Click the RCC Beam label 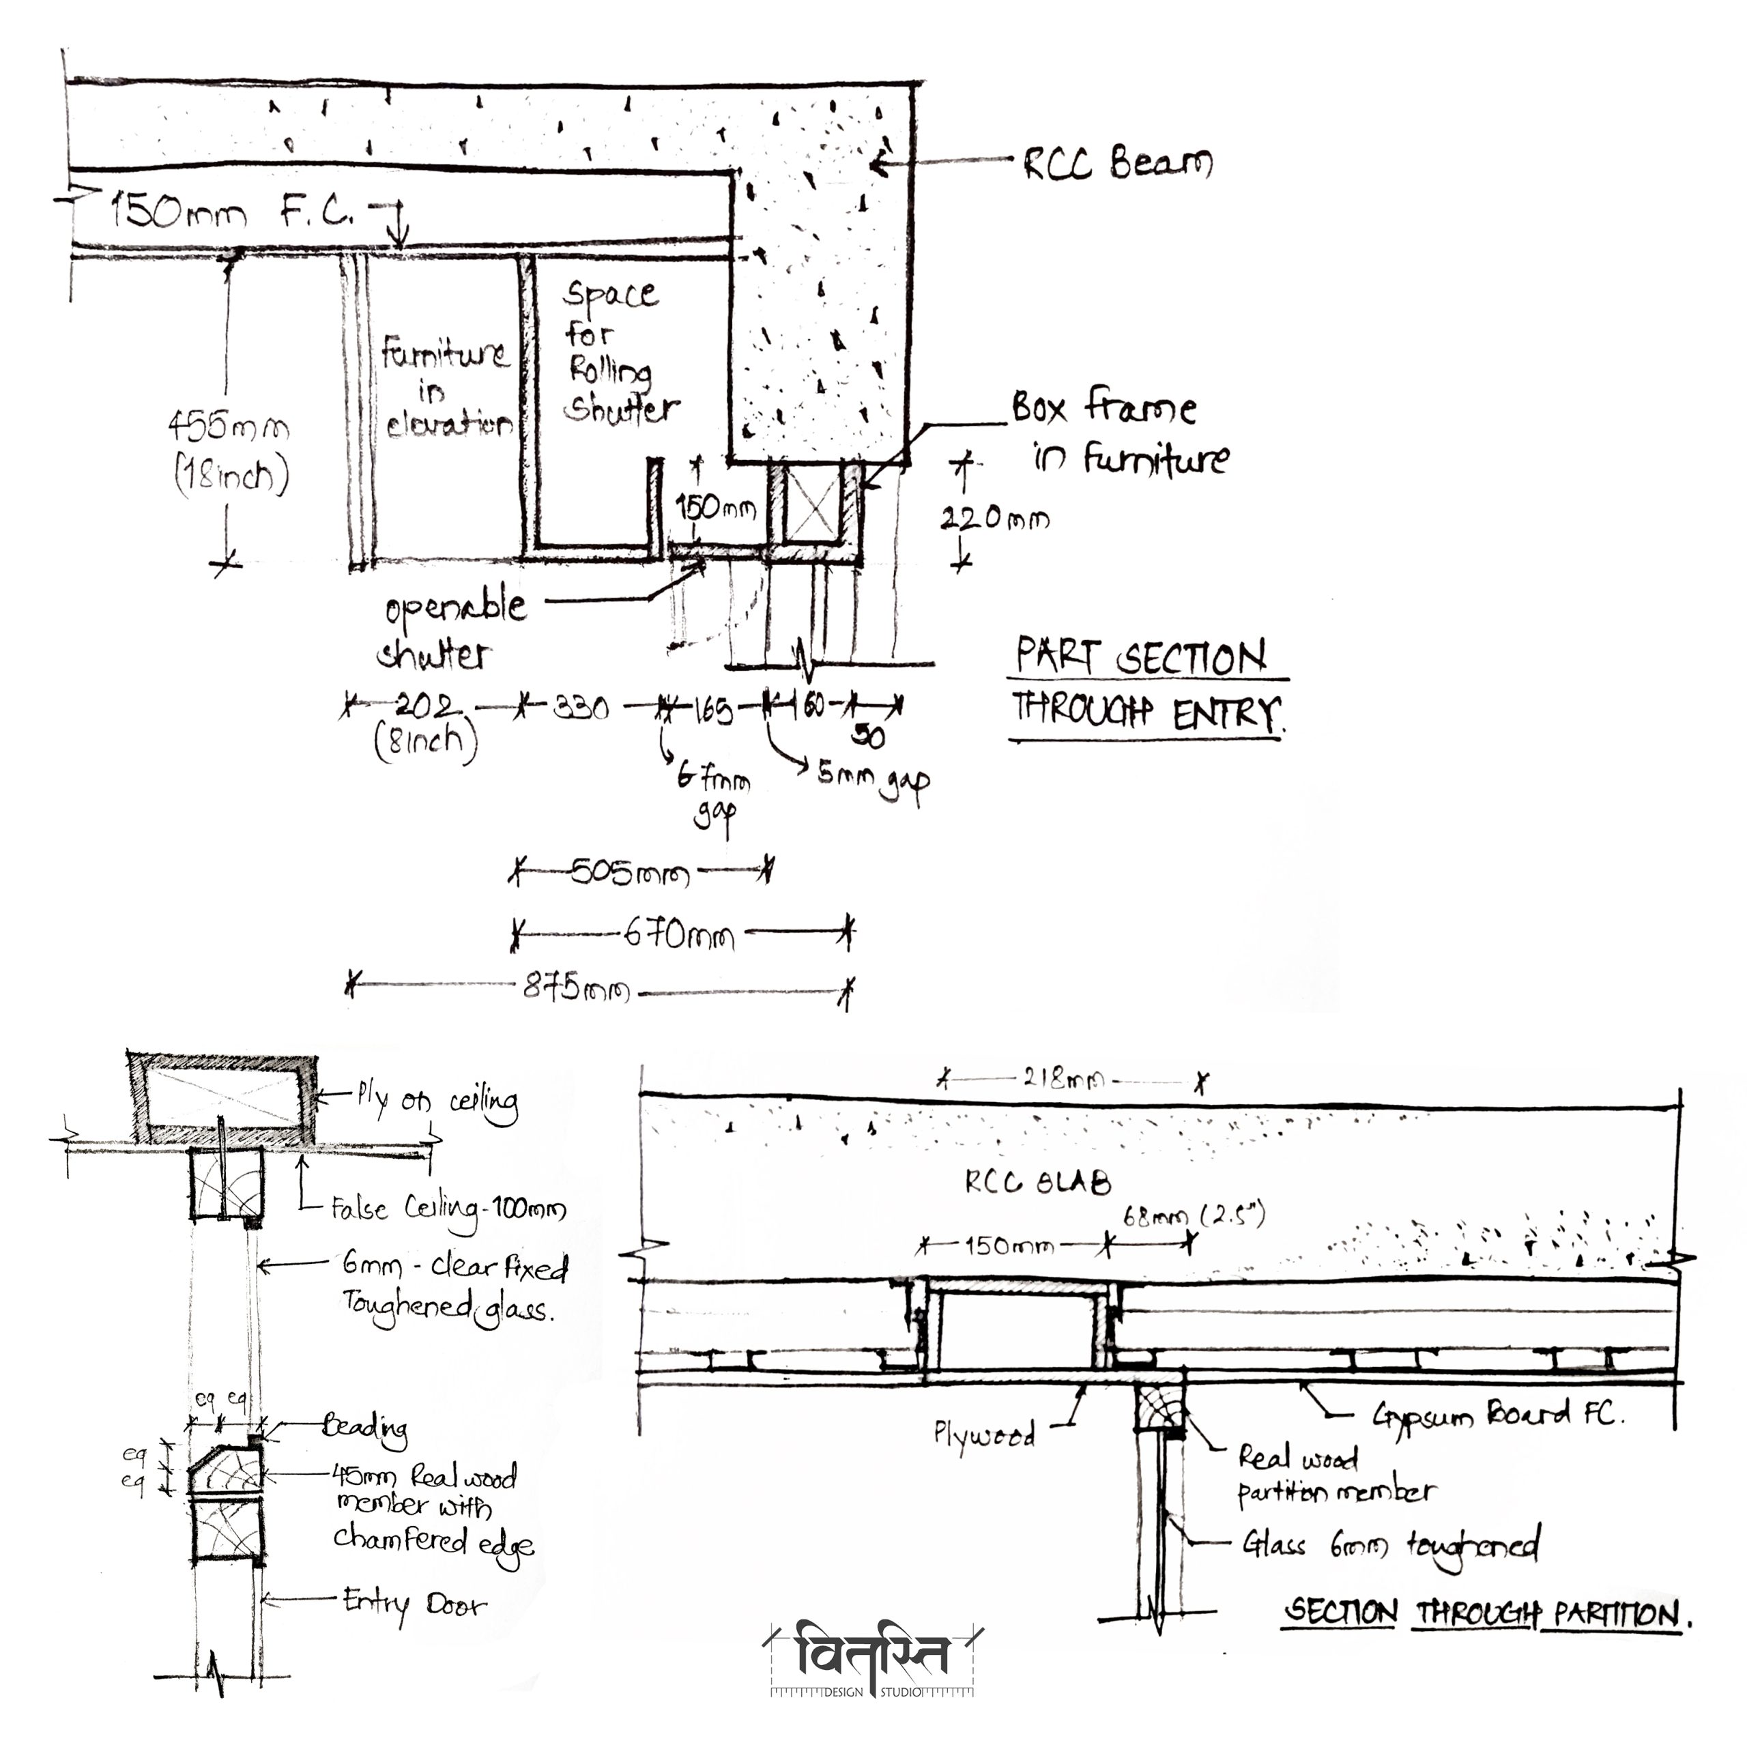coord(1118,164)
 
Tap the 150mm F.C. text coord(230,214)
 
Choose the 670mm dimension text coord(679,934)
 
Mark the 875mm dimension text coord(576,988)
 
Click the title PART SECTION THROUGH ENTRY coord(1145,687)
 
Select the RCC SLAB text coord(1037,1182)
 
